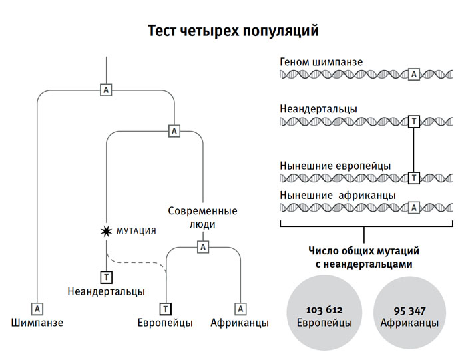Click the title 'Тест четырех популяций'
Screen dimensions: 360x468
[x=233, y=31]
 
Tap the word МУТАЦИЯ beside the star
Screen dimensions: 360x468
[x=136, y=231]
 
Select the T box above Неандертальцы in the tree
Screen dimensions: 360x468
[x=107, y=276]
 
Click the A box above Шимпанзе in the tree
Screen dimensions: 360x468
[x=38, y=308]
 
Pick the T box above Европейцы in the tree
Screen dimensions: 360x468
[x=165, y=308]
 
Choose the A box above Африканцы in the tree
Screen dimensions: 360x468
[x=241, y=308]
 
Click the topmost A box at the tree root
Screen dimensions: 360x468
[x=106, y=89]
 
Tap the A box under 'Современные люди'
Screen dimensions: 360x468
[x=204, y=247]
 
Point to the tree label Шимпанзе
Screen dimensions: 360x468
[x=38, y=323]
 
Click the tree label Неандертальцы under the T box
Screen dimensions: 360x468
[x=107, y=291]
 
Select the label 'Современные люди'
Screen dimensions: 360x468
[x=202, y=218]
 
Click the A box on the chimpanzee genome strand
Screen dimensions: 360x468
[x=414, y=74]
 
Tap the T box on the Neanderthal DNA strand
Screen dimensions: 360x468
[x=414, y=121]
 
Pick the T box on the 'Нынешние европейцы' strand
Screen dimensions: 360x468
[x=414, y=178]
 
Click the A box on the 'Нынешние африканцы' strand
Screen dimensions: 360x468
[x=414, y=207]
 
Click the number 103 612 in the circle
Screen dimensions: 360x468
[x=324, y=311]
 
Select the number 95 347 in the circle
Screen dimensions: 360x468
[x=409, y=311]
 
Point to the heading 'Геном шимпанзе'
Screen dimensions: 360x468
[x=322, y=62]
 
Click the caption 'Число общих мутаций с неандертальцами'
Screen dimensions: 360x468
[x=363, y=258]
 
